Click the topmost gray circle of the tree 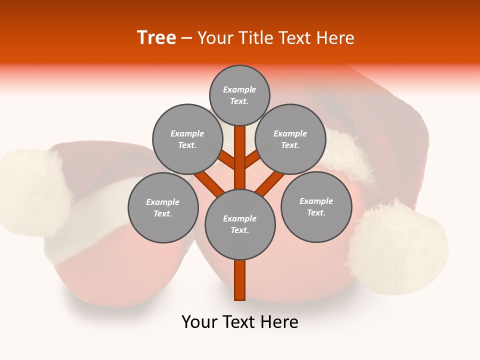tap(239, 95)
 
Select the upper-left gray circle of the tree tap(187, 139)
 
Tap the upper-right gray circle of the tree tap(290, 139)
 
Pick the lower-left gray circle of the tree tap(163, 207)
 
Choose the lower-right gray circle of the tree tap(316, 206)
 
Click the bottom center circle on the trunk tap(240, 224)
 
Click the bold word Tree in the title tap(156, 37)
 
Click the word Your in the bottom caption tap(199, 322)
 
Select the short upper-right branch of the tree tap(252, 160)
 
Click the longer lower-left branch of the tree tap(209, 183)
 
